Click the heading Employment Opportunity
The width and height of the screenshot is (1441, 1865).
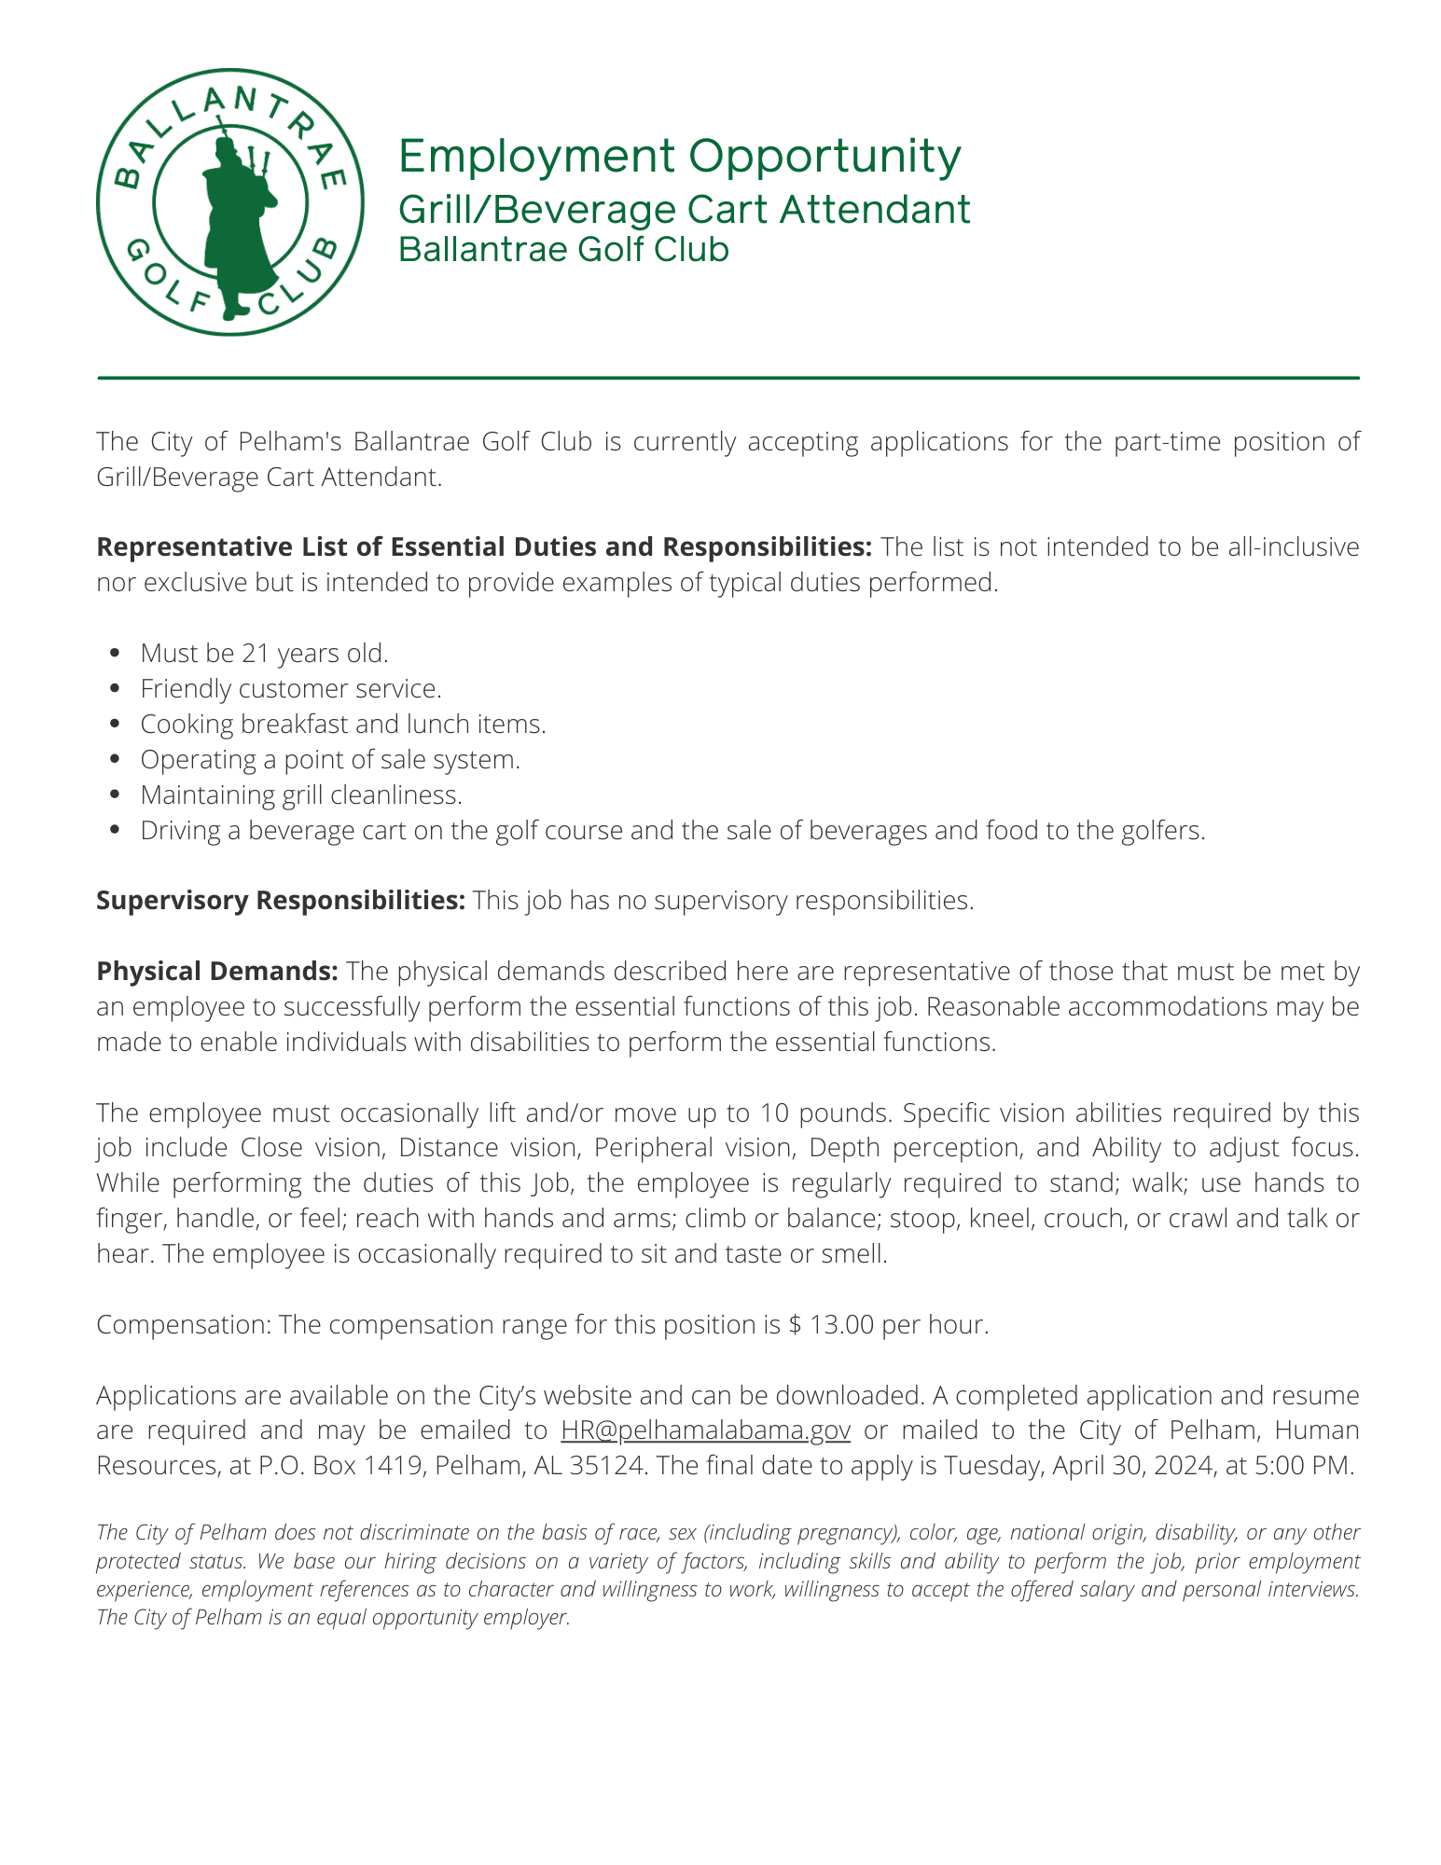[679, 156]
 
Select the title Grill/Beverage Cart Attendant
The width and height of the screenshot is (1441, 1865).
[684, 209]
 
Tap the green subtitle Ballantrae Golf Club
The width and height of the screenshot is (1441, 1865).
[563, 250]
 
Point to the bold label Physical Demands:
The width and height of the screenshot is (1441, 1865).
[216, 971]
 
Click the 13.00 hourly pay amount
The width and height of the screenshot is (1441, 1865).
[842, 1324]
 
